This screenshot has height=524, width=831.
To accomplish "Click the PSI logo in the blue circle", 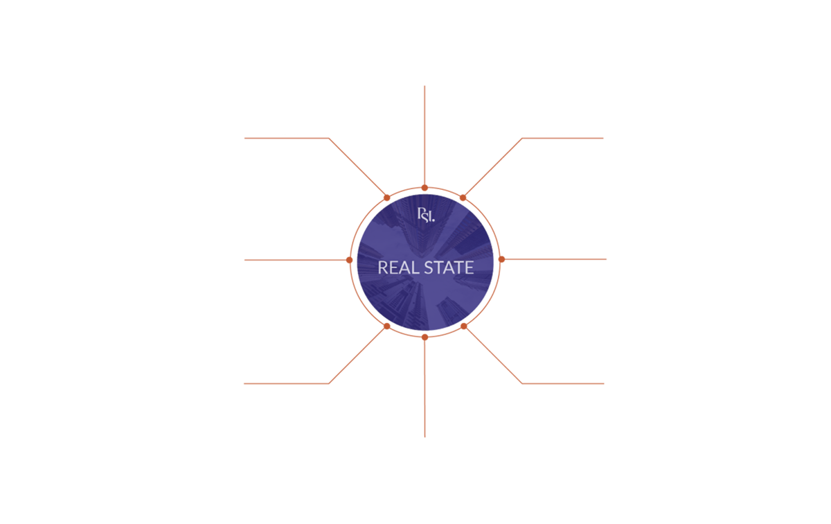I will tap(425, 216).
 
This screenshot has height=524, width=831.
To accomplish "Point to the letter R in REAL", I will tap(382, 268).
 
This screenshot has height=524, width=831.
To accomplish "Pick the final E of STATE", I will tap(469, 268).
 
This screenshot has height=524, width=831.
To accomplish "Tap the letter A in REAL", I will tap(405, 268).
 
